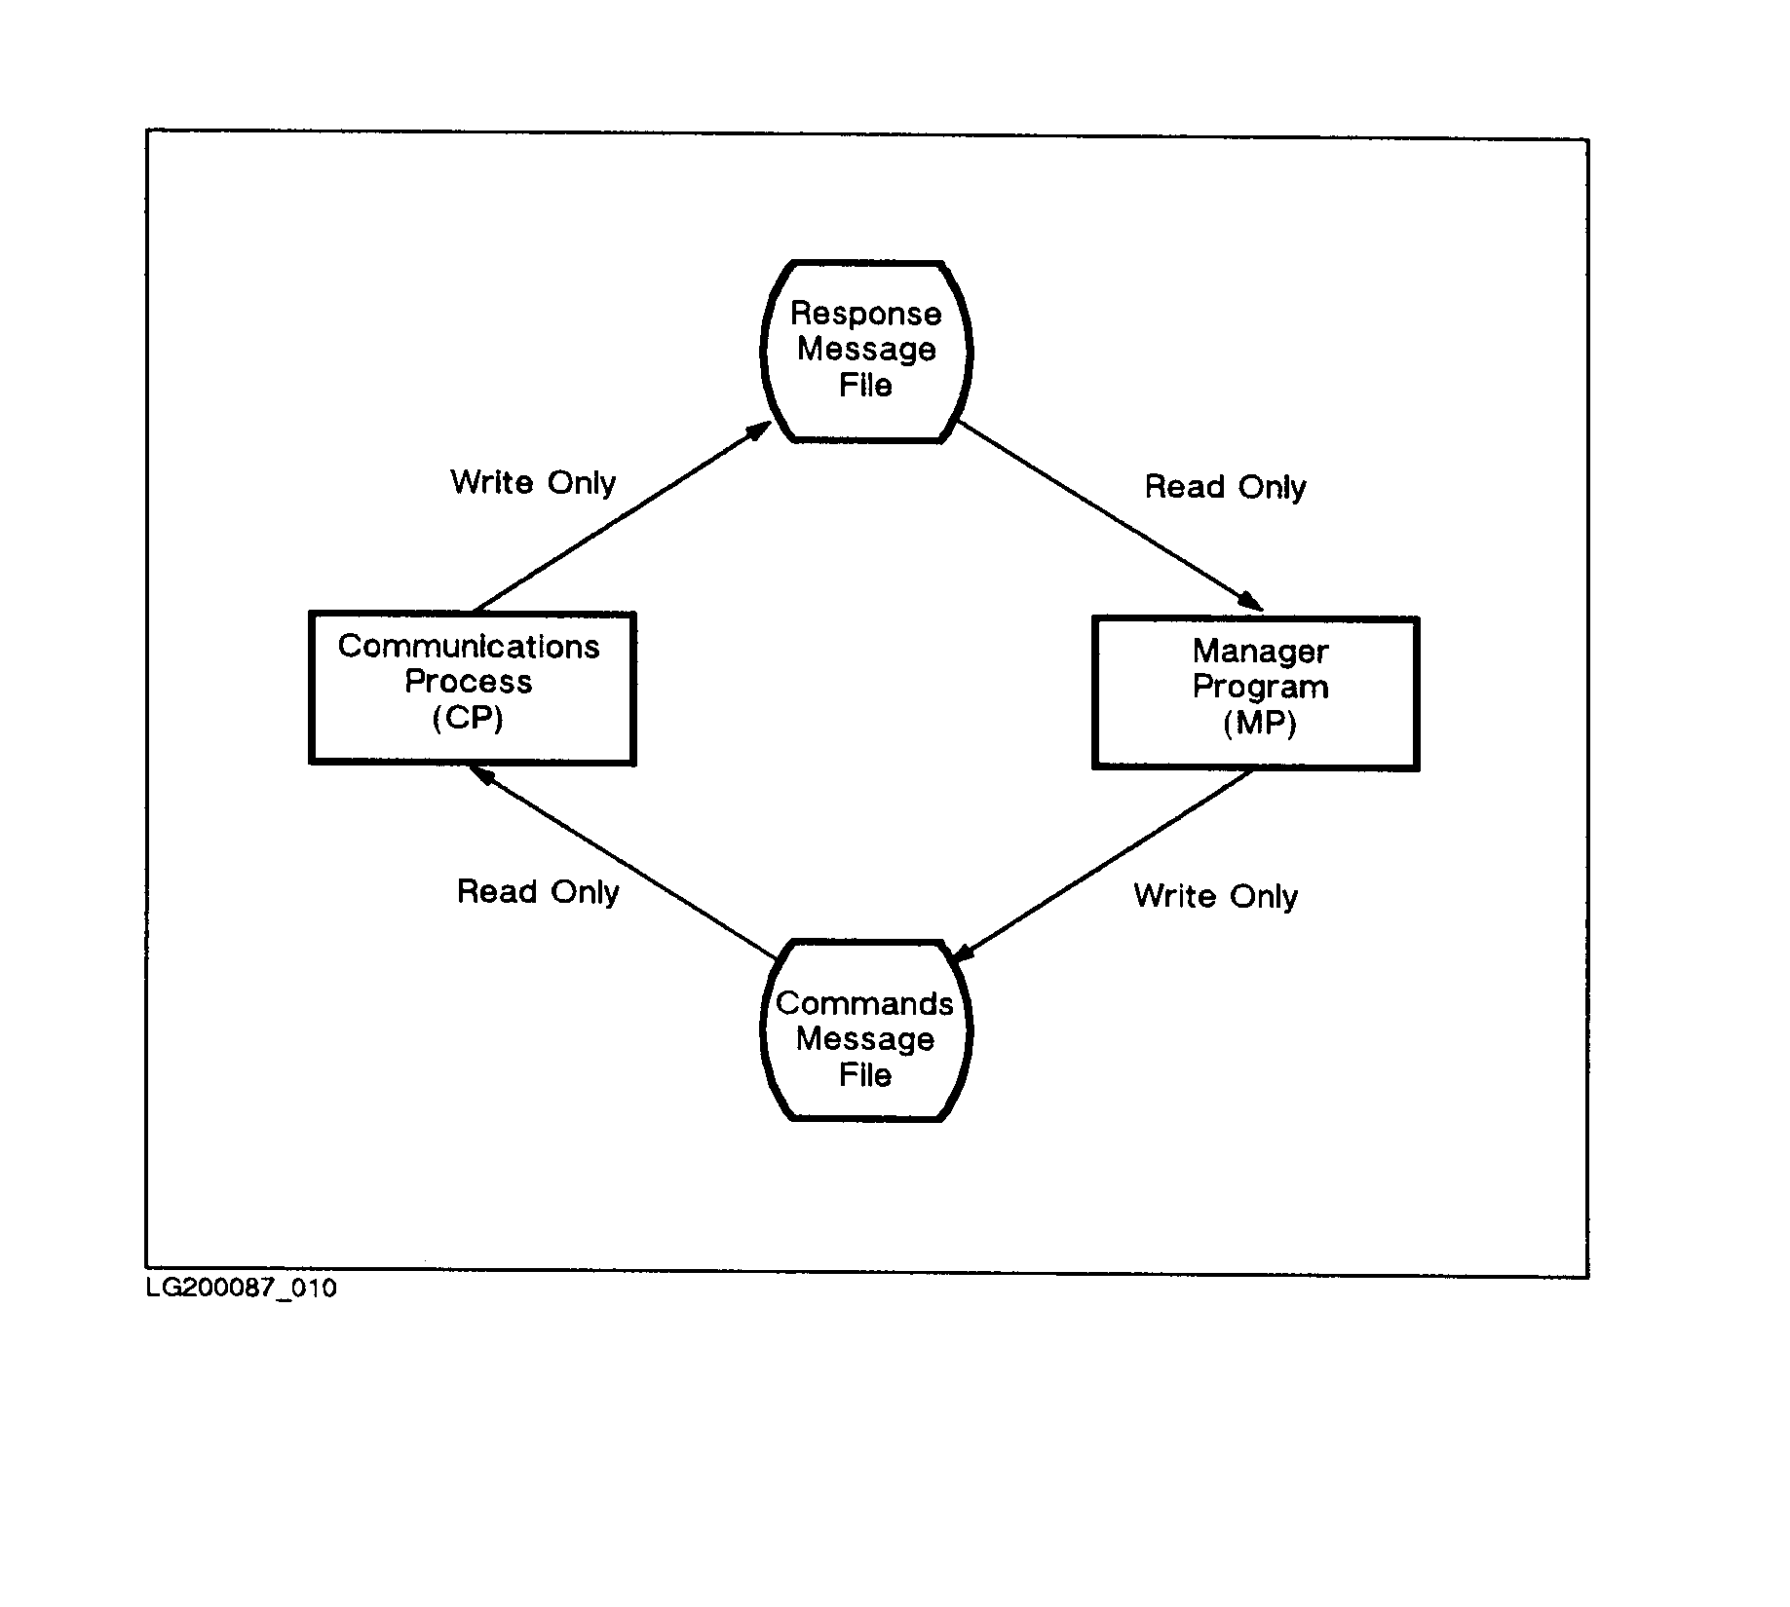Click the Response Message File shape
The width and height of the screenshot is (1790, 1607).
pos(865,351)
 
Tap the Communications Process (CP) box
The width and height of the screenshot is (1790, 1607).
pos(472,688)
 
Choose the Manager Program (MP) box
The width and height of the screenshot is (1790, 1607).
pos(1255,692)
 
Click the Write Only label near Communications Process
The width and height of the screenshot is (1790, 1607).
pos(533,482)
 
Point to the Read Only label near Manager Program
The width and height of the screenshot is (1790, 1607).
pos(1225,487)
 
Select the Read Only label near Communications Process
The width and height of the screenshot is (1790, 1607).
pos(538,892)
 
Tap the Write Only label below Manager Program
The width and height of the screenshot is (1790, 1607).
pos(1215,897)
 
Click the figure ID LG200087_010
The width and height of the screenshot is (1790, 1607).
pos(242,1289)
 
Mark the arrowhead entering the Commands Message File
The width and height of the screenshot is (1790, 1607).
pos(963,952)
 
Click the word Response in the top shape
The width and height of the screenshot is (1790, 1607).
pos(865,315)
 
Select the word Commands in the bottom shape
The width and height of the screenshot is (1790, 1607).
pos(864,1003)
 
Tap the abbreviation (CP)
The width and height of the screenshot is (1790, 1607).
pos(468,719)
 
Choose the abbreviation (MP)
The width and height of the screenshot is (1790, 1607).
pos(1259,723)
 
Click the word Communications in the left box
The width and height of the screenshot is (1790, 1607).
pos(469,647)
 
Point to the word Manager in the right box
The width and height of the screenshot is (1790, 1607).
pos(1260,651)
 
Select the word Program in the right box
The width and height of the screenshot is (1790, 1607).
pos(1260,688)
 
